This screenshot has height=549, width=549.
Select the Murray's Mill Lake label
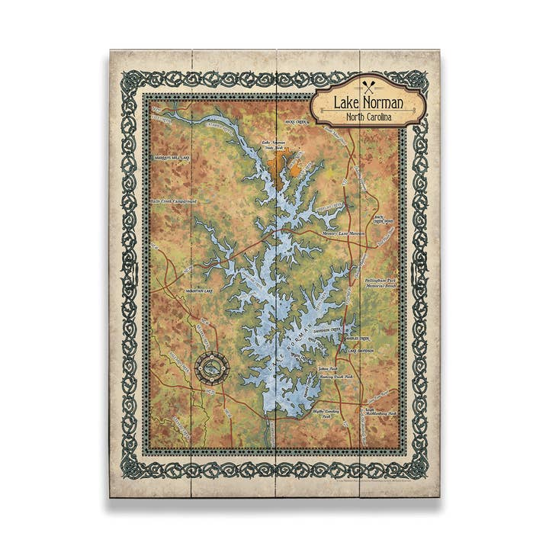pos(169,158)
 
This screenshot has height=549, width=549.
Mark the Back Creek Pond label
pos(384,220)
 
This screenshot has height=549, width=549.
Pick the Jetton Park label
pos(329,369)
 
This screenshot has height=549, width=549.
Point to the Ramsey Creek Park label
pos(335,377)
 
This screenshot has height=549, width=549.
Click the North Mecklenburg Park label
pos(381,413)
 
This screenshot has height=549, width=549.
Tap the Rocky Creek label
pos(294,121)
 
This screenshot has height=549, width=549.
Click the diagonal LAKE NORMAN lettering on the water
pos(290,343)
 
